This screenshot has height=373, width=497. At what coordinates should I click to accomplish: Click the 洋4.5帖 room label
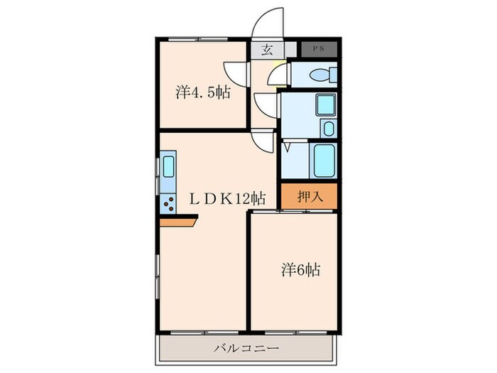coord(203,92)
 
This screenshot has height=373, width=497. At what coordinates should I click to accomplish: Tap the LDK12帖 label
coord(227,199)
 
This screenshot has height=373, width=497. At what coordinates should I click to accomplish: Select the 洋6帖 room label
coord(300,270)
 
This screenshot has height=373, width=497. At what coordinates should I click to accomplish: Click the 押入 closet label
coord(310,197)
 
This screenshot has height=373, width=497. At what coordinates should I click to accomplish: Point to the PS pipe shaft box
coord(319,49)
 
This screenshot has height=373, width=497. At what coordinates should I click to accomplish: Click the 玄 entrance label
coord(267,50)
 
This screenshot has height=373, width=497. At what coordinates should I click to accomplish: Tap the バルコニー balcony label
coord(246,349)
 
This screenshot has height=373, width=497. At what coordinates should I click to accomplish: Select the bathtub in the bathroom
coord(324,161)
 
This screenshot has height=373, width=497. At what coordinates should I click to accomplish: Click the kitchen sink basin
coord(168,166)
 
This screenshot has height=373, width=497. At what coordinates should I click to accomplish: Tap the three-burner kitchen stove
coord(168,204)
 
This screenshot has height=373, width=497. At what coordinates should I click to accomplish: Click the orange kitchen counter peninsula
coord(178,221)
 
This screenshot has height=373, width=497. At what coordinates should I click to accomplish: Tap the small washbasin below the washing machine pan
coord(329,129)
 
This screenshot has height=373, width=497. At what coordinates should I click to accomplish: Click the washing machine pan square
coord(325,104)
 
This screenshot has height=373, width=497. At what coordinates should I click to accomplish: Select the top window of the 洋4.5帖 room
coord(198,39)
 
